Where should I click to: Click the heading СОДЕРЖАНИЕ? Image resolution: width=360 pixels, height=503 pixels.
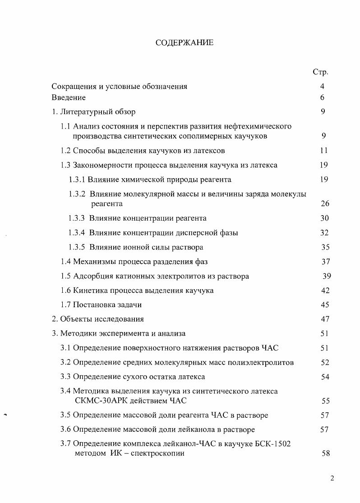coord(184,43)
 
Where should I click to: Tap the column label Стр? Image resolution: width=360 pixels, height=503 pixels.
coord(320,72)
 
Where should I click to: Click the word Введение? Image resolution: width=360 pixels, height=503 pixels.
coord(69,97)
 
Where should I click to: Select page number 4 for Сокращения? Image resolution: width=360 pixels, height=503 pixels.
coord(322,86)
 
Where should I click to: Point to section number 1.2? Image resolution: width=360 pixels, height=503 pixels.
coord(66,150)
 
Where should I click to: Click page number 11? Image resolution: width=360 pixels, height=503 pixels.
coord(323,150)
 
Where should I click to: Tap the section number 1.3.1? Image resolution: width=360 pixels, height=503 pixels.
coord(77,180)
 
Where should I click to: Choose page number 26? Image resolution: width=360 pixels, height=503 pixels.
coord(325,203)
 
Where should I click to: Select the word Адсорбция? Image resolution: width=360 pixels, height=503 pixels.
coord(92,276)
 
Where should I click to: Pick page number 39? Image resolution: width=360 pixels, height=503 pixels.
coord(327,276)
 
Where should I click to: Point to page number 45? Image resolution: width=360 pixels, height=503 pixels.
coord(325,305)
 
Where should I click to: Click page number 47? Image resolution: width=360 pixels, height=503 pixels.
coord(325,319)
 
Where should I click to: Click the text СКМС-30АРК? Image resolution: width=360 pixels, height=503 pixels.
coord(101,401)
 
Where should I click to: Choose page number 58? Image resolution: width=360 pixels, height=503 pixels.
coord(326,453)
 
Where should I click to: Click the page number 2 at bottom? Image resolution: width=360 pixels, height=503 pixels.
coord(332,479)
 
